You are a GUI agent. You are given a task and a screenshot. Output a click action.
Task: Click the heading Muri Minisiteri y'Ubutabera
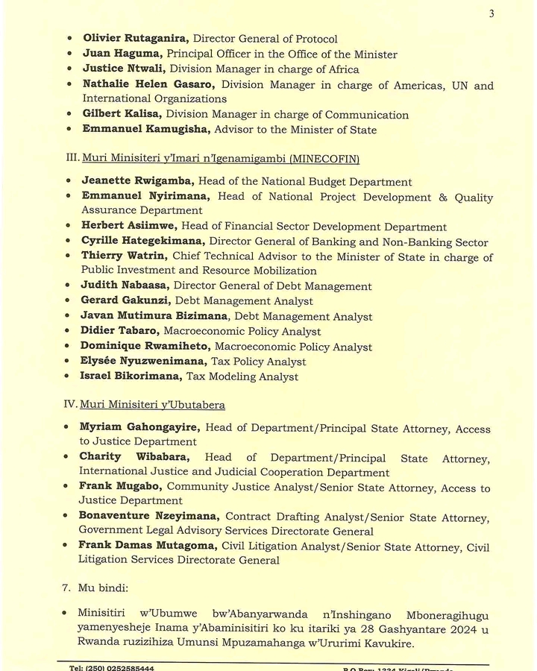coord(154,405)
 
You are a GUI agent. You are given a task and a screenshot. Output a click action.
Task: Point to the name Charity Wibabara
coord(134,458)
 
